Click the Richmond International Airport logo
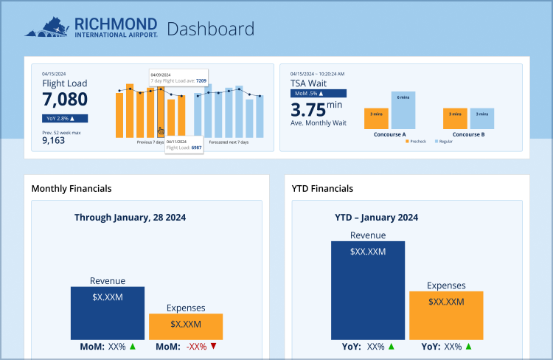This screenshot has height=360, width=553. click(91, 28)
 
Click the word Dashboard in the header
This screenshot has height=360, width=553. click(210, 30)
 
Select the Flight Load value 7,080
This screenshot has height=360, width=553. click(65, 100)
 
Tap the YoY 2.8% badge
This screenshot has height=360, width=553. click(65, 118)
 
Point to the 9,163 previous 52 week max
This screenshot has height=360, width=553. click(53, 140)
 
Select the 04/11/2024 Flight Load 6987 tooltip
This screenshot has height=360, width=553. click(184, 145)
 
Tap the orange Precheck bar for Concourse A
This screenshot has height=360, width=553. click(376, 118)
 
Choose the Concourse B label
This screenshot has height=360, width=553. click(467, 135)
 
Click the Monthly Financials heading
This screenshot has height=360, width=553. click(72, 189)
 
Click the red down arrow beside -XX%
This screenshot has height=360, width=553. click(213, 346)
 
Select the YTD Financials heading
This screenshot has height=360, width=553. click(322, 189)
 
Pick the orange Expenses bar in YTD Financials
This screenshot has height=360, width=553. click(446, 314)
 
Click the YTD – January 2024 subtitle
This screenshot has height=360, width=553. click(376, 218)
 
